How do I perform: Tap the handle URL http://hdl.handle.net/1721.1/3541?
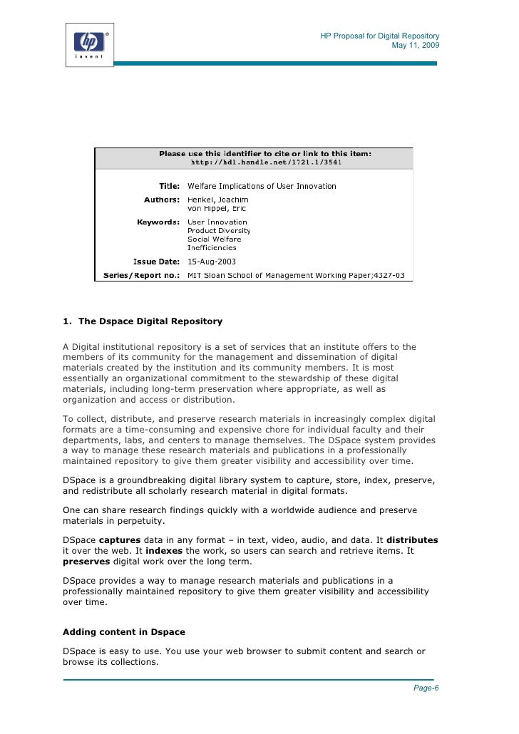(266, 162)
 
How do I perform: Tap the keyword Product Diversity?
(219, 231)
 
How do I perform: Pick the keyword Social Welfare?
(214, 239)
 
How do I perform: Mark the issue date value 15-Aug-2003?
(212, 262)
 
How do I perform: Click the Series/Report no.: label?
(143, 274)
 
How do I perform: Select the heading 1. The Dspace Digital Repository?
(143, 321)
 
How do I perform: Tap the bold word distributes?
(412, 539)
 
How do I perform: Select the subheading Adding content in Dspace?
(124, 631)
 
